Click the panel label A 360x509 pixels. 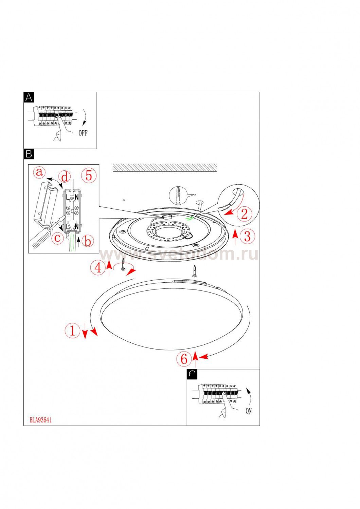[29, 98]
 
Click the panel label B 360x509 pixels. [29, 154]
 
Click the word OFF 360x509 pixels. [83, 133]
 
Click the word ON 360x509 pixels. [249, 411]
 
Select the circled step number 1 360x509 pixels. [72, 330]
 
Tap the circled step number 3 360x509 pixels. [247, 236]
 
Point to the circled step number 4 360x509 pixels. [97, 268]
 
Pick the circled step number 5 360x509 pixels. [89, 175]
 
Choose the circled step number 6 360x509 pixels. [184, 359]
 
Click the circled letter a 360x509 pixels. [40, 172]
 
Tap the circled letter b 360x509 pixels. [88, 241]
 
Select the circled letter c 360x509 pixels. [58, 238]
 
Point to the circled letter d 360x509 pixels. [65, 177]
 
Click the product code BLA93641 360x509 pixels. [40, 420]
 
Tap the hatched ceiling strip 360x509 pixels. [165, 167]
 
